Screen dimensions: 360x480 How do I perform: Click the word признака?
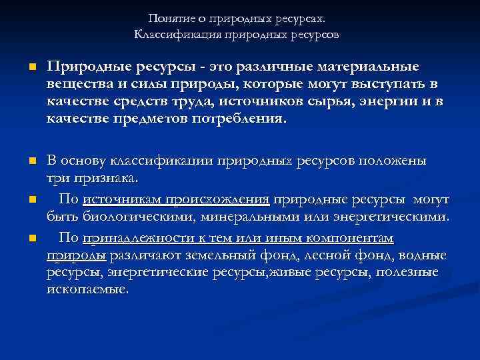(109, 178)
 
